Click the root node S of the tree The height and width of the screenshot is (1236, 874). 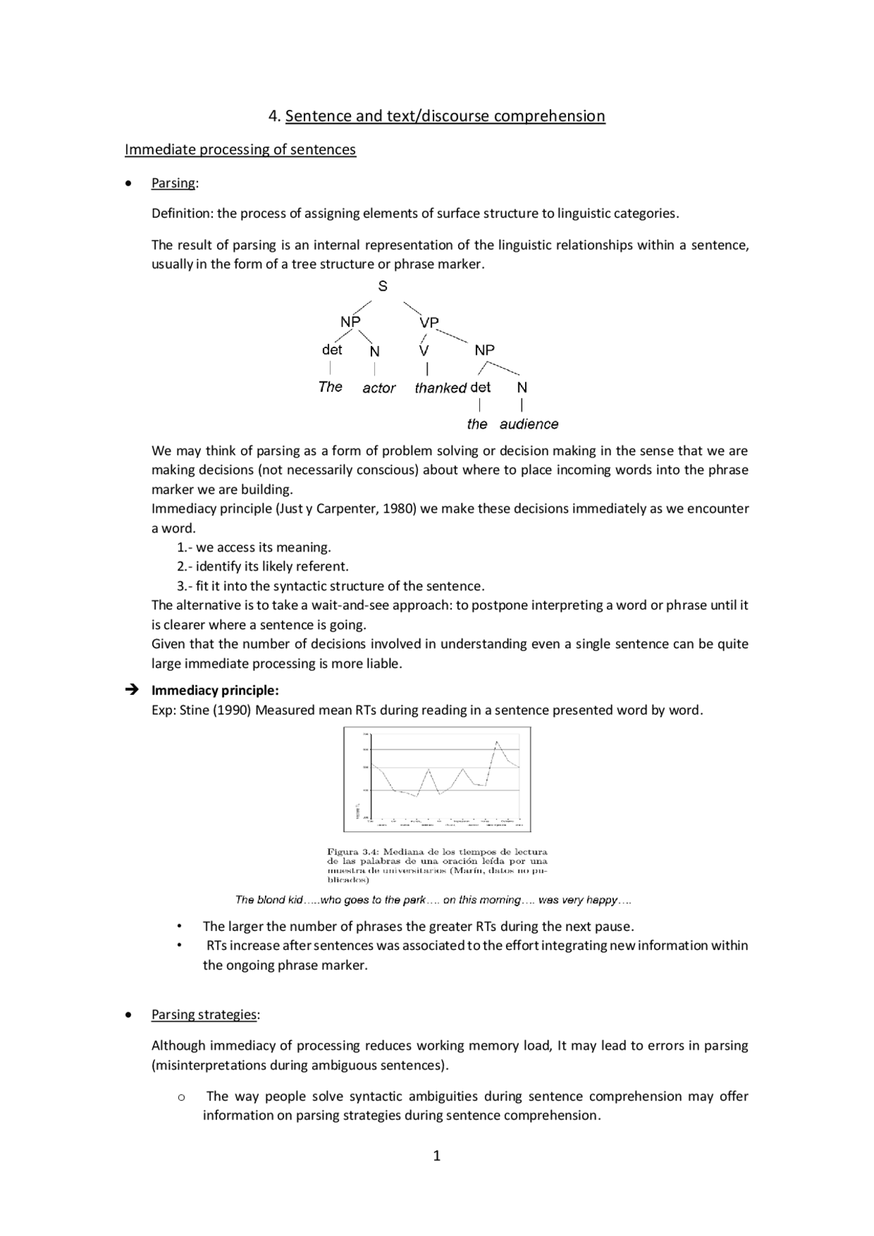click(x=382, y=287)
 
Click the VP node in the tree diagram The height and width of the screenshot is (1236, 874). click(x=429, y=322)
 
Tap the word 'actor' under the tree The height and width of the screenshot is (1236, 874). click(x=379, y=388)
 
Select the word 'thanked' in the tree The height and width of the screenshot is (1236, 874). click(x=440, y=388)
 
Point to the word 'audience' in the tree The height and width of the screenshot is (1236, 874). click(x=528, y=425)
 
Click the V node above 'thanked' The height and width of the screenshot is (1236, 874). click(x=424, y=351)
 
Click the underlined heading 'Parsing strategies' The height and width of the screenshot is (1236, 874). click(x=204, y=1015)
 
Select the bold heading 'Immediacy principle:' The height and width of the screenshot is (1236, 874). click(x=215, y=690)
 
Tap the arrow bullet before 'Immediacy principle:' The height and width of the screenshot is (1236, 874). click(x=132, y=690)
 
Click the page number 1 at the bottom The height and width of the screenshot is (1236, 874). click(x=437, y=1156)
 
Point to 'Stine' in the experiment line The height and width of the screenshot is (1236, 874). click(x=194, y=710)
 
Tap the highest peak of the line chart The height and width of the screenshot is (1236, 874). click(x=496, y=741)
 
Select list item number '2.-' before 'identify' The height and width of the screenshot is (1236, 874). click(x=185, y=566)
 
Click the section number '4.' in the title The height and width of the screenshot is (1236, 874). click(x=274, y=116)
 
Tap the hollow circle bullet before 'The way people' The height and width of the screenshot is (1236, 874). click(x=181, y=1097)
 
